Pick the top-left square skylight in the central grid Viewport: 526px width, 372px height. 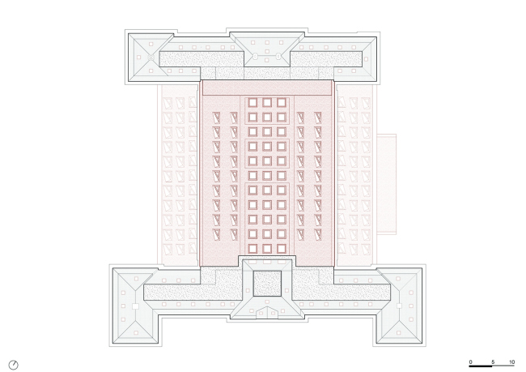[x=251, y=103]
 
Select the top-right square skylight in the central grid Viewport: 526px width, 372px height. [x=281, y=103]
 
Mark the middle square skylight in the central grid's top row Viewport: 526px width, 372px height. [x=266, y=103]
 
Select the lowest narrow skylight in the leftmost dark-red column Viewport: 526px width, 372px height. [x=217, y=234]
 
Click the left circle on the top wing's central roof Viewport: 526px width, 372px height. [x=252, y=57]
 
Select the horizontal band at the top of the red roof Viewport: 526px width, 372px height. [x=266, y=88]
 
